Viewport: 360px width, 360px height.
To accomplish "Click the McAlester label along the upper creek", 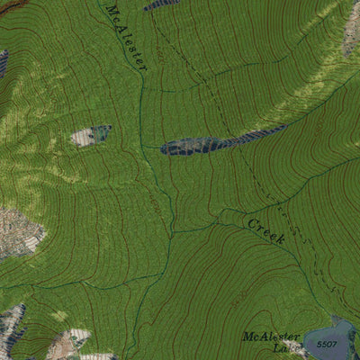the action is point(126,33).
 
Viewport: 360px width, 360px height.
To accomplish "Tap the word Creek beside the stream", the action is point(265,229).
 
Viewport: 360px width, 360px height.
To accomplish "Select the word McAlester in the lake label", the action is point(269,337).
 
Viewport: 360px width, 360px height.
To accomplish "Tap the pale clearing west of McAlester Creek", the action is point(90,136).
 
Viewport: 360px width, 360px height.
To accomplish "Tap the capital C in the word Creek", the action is point(253,220).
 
